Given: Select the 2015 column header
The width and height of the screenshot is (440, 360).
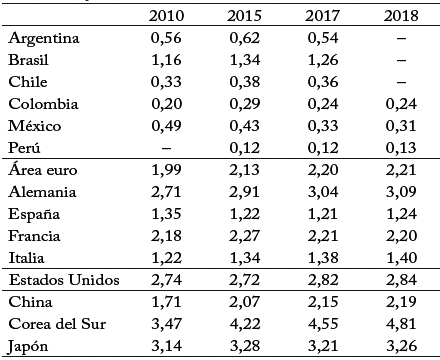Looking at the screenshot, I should coord(245,15).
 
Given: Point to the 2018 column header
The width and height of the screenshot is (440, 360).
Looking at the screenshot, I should coord(400,15).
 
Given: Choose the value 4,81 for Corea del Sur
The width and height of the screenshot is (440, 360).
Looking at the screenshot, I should coord(400,323).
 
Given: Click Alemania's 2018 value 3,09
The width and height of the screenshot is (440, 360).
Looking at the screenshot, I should coord(400,192).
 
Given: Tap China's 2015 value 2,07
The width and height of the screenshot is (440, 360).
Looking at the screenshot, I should coord(245,301).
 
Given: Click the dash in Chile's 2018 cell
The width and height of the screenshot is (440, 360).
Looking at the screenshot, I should coord(400,82).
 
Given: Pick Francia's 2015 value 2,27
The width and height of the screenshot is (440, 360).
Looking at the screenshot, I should coord(245,236).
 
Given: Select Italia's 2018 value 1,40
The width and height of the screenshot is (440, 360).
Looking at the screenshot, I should coord(400,258).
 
